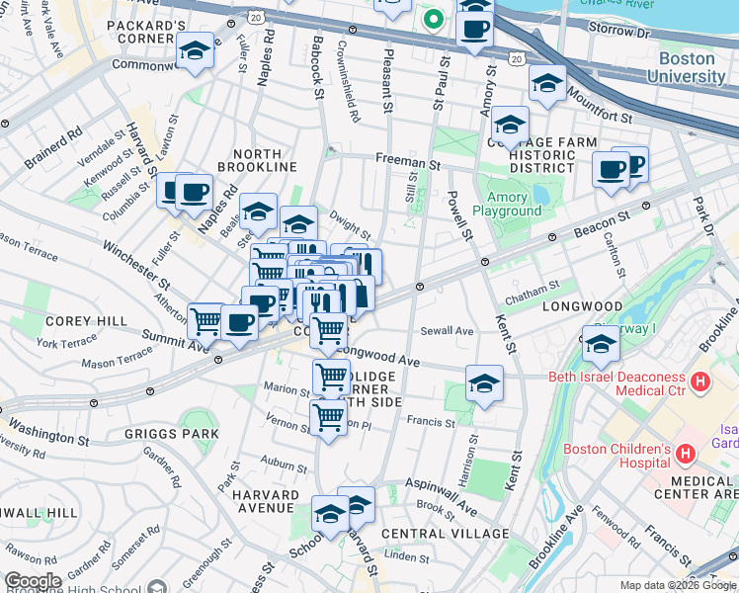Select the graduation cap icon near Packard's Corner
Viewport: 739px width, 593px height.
coord(195,51)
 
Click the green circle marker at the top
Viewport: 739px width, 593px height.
coord(432,18)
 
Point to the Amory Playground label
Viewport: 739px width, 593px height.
coord(507,204)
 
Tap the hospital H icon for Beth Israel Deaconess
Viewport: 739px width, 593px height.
coord(700,381)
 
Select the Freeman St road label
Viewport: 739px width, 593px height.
coord(407,160)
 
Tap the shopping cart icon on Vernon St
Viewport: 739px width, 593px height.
coord(329,416)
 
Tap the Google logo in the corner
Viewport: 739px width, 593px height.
coord(33,581)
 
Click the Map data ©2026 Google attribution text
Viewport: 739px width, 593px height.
coord(677,585)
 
